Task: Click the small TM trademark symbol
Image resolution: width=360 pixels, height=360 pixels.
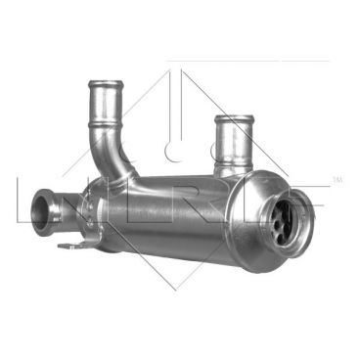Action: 338,180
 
